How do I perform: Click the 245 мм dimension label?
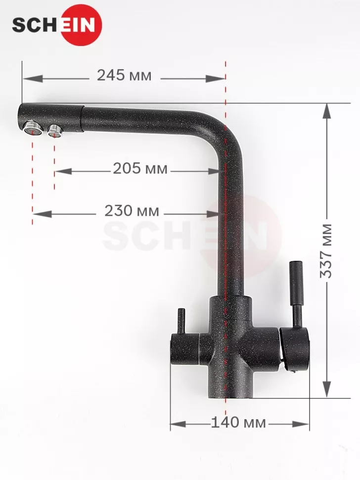(124, 75)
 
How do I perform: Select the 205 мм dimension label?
(140, 168)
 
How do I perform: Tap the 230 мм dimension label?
(132, 211)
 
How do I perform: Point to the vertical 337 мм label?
(326, 251)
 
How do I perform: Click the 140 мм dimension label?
(238, 423)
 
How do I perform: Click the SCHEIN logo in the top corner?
(57, 25)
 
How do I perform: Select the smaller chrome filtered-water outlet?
(55, 131)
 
